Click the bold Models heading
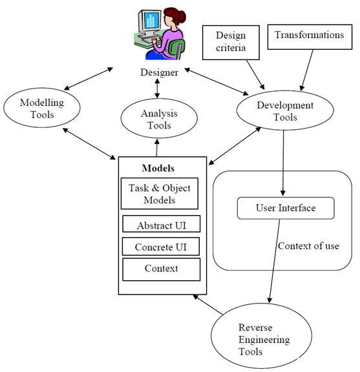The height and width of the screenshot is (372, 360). pos(158,168)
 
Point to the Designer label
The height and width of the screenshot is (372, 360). pos(159,72)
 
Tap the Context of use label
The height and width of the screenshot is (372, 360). pos(308,246)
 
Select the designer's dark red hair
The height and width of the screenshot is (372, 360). pos(176,16)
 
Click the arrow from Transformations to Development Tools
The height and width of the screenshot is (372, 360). pos(306,70)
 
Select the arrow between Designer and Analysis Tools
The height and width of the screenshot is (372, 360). pos(157,88)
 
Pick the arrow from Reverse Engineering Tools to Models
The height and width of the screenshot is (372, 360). pos(207,304)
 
